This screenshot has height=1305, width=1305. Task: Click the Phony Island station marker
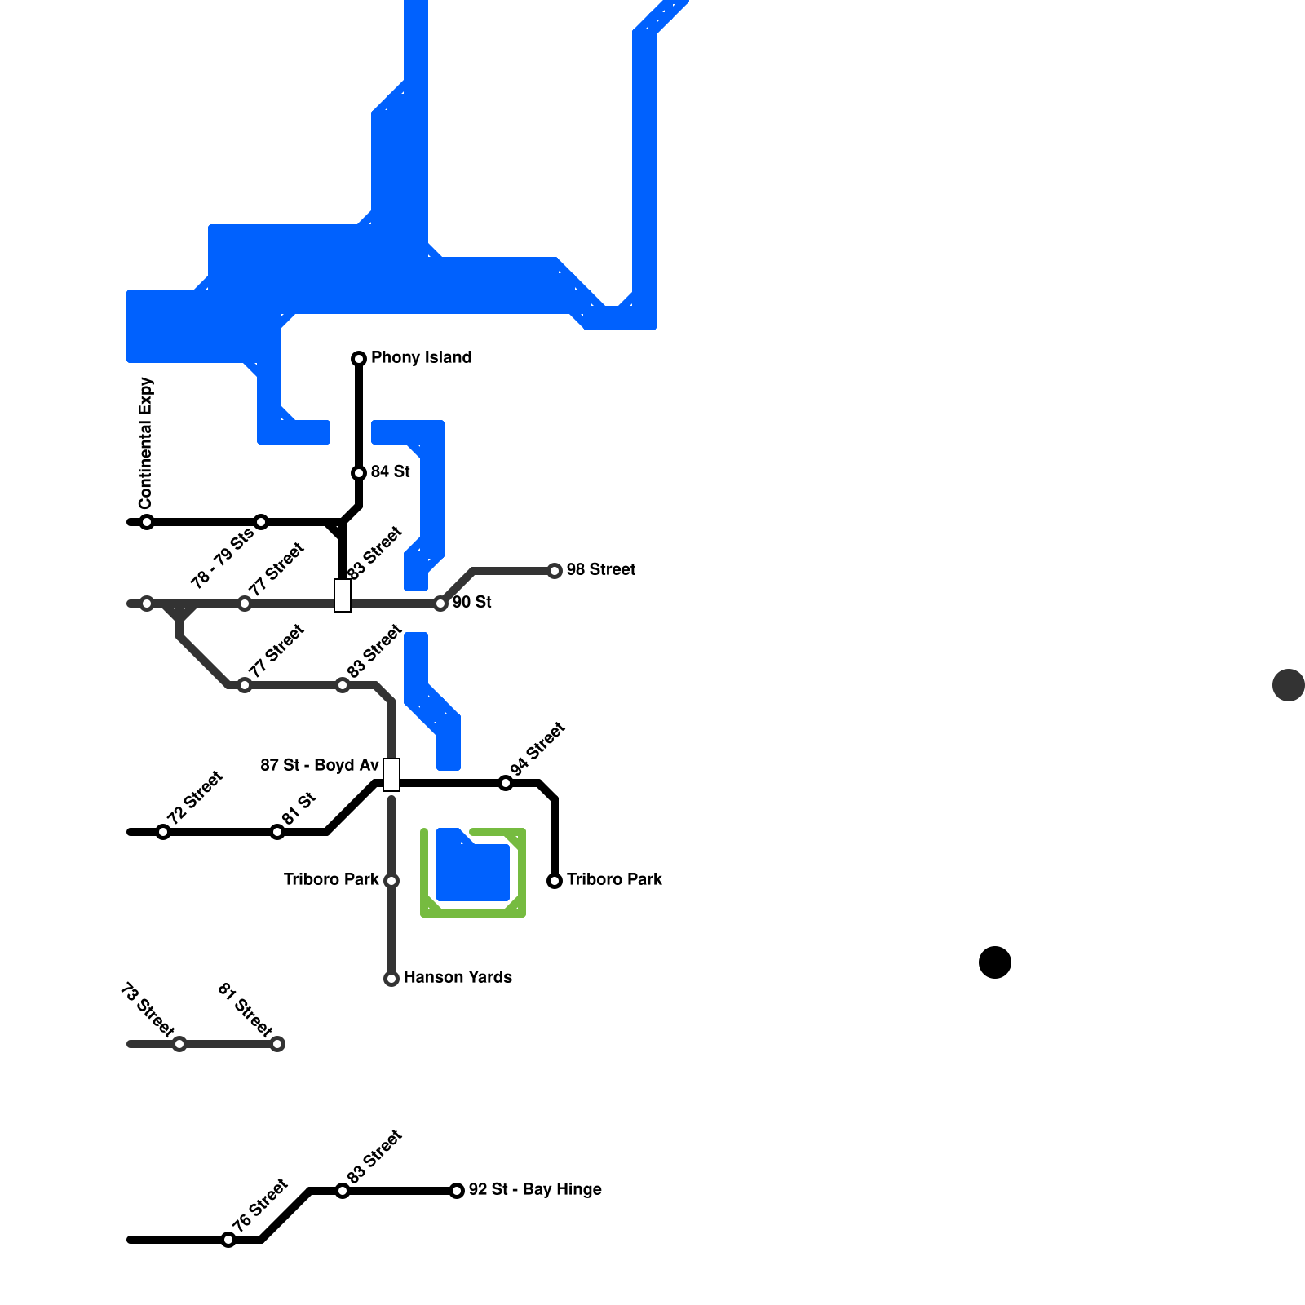(x=359, y=359)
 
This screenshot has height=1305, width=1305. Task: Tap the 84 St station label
(x=390, y=471)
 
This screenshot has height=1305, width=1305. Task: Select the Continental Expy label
(x=146, y=442)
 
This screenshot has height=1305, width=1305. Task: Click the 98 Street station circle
(x=555, y=571)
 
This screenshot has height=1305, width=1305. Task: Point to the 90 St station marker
(x=440, y=604)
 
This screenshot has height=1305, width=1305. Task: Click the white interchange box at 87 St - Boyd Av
(x=391, y=775)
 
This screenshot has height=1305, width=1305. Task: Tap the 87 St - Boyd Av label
(x=320, y=765)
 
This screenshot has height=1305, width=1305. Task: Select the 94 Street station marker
(x=506, y=783)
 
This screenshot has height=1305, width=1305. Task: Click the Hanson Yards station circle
(x=391, y=979)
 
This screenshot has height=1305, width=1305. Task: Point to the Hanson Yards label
(x=458, y=977)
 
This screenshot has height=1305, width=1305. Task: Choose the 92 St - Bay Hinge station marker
(x=457, y=1191)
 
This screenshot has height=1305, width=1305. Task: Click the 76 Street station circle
(x=228, y=1240)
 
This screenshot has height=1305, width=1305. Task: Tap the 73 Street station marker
(x=179, y=1044)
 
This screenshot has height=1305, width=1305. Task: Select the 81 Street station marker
(x=277, y=1044)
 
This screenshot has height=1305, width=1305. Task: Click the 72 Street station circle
(x=163, y=832)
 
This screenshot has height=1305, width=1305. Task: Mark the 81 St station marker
(x=277, y=832)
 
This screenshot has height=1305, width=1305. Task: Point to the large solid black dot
(x=995, y=962)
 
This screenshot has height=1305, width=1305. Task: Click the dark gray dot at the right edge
(x=1289, y=685)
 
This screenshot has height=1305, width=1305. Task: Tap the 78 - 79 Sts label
(x=222, y=560)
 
